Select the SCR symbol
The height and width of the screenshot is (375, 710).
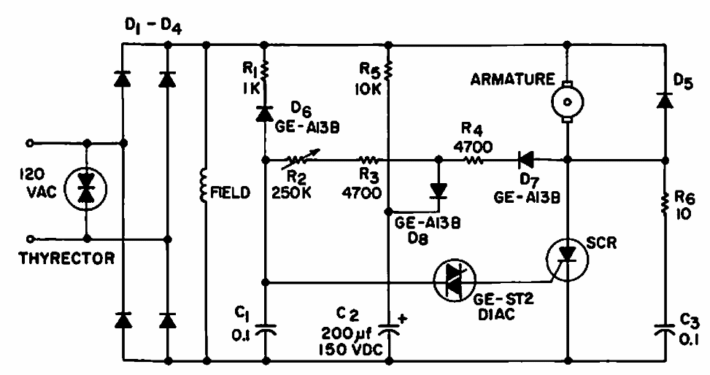point(568,258)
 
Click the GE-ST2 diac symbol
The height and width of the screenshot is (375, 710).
point(455,281)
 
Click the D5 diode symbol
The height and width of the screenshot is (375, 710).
point(665,100)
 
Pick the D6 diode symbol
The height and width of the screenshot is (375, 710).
point(264,113)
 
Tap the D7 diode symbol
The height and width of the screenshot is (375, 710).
point(525,159)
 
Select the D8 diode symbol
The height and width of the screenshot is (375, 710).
point(439,190)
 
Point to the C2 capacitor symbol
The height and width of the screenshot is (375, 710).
point(388,330)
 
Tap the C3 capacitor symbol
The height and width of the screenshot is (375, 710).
point(665,330)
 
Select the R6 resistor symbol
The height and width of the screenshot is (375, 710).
point(665,204)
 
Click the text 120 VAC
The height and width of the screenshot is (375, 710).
point(38,183)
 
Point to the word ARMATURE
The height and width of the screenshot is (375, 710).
point(512,80)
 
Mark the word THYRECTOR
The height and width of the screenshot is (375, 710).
point(66,258)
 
